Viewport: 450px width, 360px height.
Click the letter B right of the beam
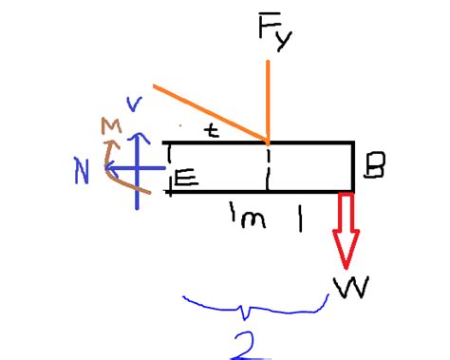click(375, 169)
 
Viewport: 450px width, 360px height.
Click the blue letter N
click(84, 171)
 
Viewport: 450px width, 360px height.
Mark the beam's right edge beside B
click(353, 167)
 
